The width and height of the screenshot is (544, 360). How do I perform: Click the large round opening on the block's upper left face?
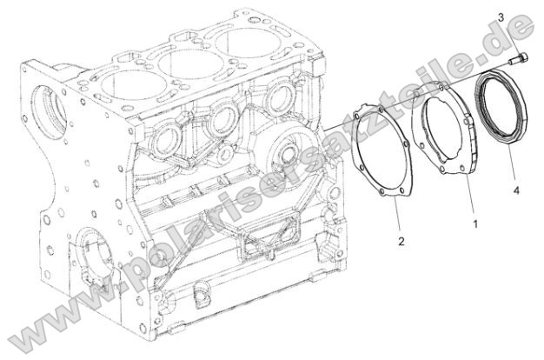pyautogui.click(x=42, y=109)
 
